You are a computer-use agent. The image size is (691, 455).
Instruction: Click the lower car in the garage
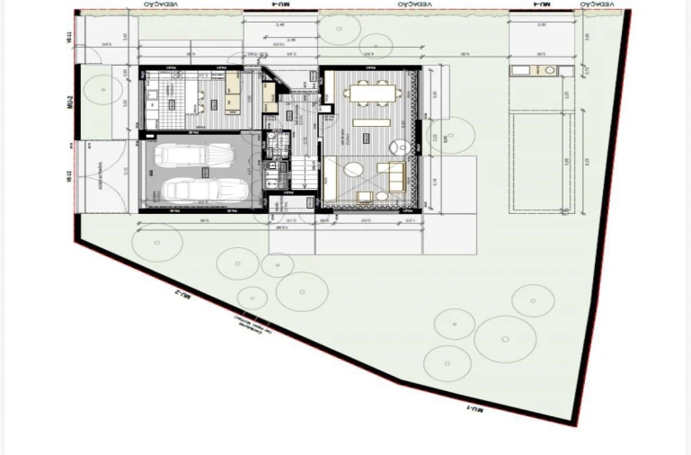click(205, 190)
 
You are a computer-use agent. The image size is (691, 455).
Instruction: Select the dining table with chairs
click(371, 93)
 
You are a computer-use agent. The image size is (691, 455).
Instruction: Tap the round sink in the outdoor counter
click(546, 70)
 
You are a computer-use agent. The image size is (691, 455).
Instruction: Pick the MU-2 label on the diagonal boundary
click(182, 295)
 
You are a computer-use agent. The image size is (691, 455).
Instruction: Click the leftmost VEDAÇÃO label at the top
click(159, 4)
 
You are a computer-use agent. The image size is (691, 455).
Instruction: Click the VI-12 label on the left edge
click(69, 175)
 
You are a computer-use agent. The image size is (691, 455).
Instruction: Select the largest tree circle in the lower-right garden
click(505, 339)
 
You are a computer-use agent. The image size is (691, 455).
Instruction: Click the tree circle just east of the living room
click(456, 138)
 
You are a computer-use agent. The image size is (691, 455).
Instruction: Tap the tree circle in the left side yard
click(104, 90)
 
